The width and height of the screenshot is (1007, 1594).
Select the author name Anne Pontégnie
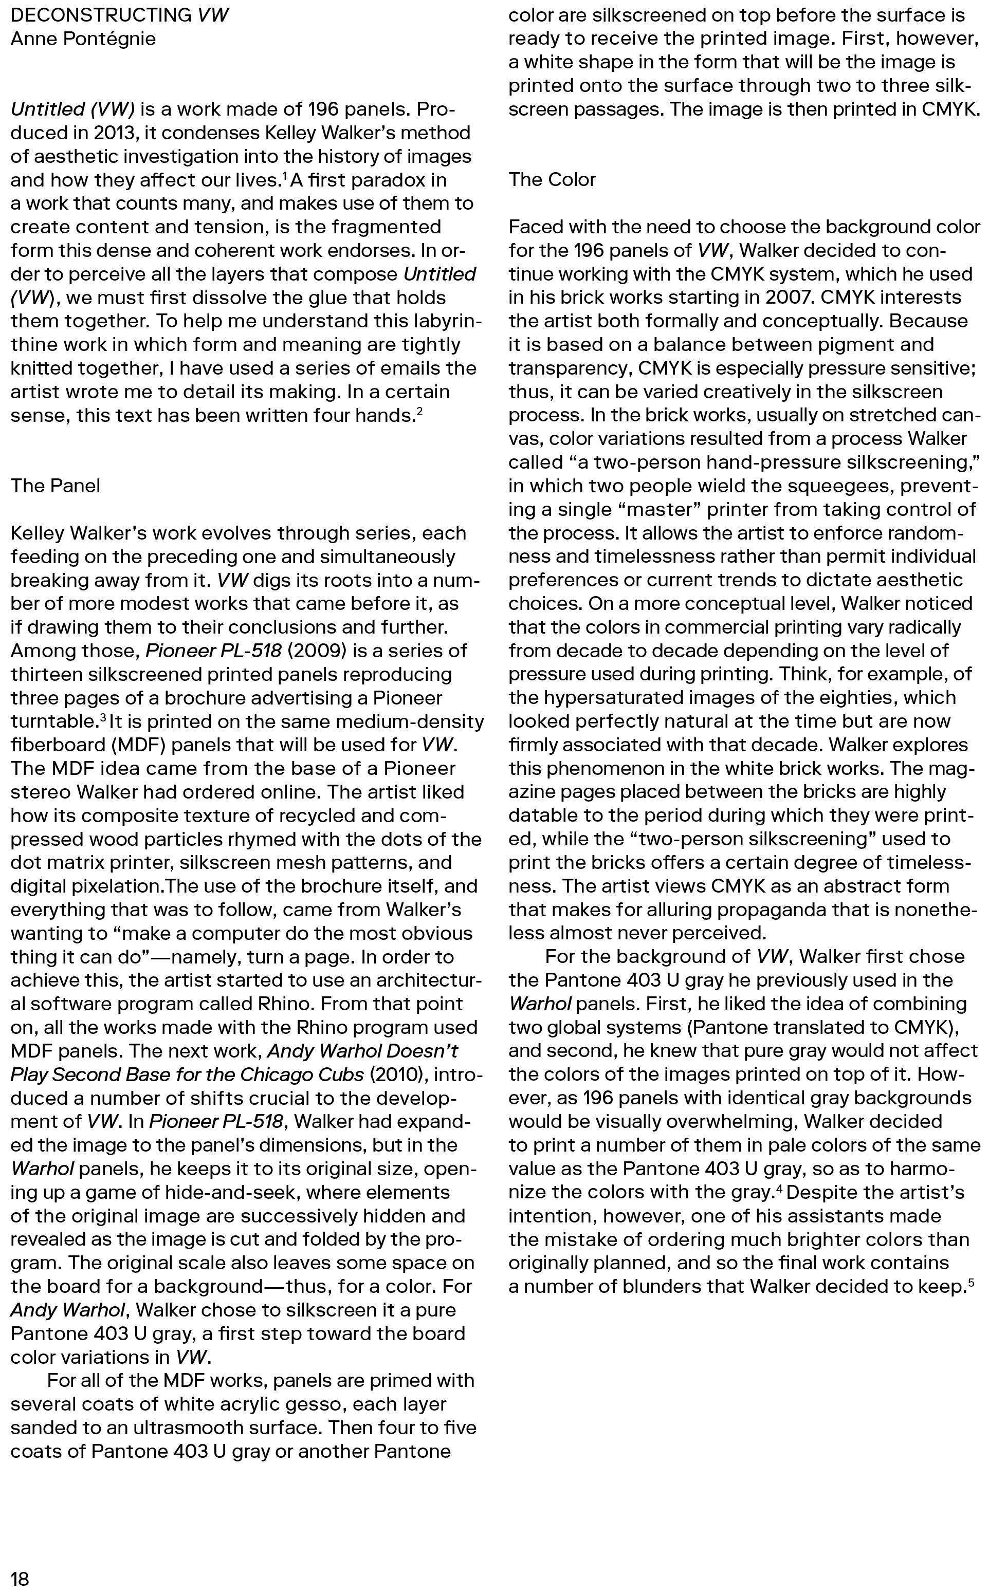pyautogui.click(x=83, y=39)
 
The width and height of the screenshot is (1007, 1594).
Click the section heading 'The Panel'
pyautogui.click(x=56, y=486)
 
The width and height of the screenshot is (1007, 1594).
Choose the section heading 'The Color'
pyautogui.click(x=552, y=179)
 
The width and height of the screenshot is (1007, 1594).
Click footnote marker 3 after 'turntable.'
pyautogui.click(x=103, y=717)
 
